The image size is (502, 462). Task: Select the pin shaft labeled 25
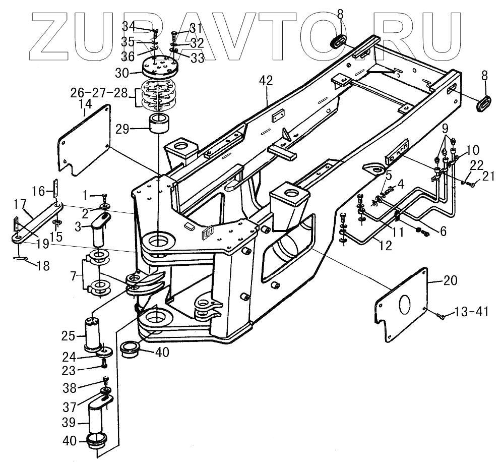[x=94, y=332]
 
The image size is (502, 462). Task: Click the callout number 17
[x=20, y=204]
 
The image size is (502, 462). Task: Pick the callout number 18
[x=43, y=265]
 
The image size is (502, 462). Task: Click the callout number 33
[x=197, y=57]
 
